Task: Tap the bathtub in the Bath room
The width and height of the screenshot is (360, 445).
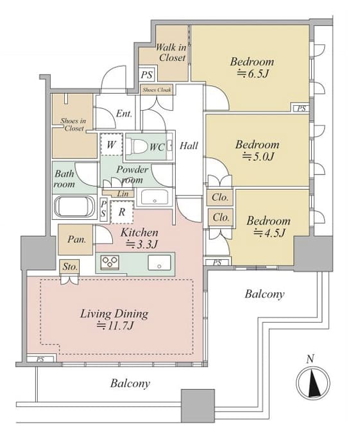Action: (x=74, y=206)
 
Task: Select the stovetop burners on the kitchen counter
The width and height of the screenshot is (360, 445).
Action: (x=110, y=262)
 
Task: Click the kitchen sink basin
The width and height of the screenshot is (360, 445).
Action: (x=159, y=262)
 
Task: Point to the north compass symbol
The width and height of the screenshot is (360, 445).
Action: (x=313, y=382)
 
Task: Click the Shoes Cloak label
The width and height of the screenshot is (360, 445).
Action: (x=157, y=90)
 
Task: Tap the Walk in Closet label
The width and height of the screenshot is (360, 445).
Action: (x=171, y=52)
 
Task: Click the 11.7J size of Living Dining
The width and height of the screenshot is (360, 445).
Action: (x=115, y=326)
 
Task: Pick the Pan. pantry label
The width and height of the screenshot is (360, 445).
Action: (x=76, y=239)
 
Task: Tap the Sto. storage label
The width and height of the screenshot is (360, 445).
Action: (x=70, y=267)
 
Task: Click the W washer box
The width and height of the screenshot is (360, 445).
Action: (x=111, y=144)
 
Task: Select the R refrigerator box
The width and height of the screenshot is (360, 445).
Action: (x=122, y=212)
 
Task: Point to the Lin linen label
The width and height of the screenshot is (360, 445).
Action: (x=123, y=194)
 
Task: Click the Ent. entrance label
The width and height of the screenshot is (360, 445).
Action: (x=124, y=113)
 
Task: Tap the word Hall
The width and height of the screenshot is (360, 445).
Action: (x=189, y=146)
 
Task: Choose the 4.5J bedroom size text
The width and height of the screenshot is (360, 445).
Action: (x=269, y=233)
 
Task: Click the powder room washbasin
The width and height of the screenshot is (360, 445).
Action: (x=155, y=197)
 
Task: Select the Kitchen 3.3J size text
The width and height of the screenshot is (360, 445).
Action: (x=141, y=244)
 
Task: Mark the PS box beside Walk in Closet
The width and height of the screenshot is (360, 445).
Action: (x=147, y=74)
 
